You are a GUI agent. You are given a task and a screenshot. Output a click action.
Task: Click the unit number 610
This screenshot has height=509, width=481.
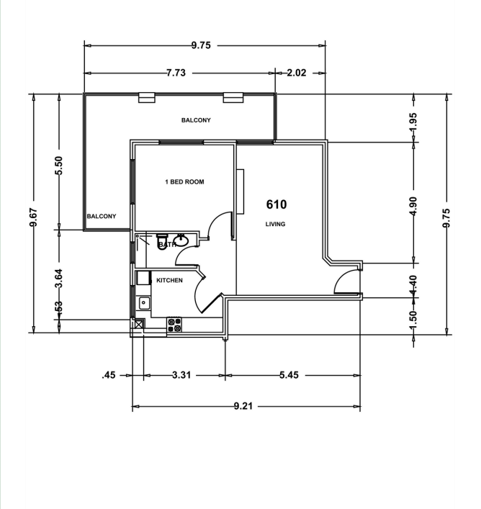277,204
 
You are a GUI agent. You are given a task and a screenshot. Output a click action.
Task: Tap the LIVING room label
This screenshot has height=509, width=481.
275,224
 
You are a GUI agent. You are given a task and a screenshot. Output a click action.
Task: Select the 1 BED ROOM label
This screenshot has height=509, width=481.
184,182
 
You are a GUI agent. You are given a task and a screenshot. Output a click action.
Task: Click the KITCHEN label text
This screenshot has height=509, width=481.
169,280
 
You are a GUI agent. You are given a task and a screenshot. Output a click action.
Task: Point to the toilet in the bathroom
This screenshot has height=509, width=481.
162,238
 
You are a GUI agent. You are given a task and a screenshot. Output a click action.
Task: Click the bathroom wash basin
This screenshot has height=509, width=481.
183,240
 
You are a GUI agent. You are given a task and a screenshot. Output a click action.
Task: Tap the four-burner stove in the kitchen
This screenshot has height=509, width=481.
174,325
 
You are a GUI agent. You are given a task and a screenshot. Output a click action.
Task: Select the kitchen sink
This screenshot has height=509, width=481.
143,302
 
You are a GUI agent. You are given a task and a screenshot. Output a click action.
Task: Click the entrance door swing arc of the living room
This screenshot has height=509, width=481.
347,281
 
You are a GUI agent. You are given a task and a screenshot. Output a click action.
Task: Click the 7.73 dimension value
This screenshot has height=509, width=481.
177,73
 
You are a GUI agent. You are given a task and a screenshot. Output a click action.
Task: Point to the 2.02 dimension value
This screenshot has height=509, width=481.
297,73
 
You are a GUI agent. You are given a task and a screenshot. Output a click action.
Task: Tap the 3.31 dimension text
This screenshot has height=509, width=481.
185,375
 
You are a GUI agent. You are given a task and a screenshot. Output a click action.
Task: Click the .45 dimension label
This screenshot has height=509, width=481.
109,375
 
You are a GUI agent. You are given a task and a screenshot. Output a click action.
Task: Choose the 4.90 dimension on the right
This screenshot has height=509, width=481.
413,204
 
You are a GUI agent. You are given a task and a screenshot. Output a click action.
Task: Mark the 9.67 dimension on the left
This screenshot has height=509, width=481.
33,215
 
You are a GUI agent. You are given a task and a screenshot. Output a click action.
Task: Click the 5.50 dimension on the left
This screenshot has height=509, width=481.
59,165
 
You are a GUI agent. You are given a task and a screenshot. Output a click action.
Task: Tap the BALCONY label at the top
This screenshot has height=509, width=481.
196,120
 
